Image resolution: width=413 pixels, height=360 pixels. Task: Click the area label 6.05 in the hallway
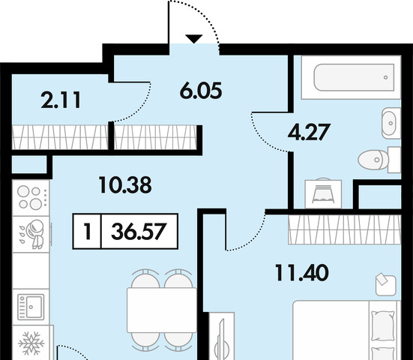tap(201, 91)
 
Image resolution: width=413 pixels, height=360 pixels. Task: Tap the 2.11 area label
tap(61, 100)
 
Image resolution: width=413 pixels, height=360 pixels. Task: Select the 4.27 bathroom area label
tap(309, 132)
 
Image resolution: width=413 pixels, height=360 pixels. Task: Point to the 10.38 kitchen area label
tap(125, 185)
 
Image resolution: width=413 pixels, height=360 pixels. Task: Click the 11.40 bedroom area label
tap(302, 273)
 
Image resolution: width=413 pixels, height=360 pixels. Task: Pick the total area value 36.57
tap(139, 232)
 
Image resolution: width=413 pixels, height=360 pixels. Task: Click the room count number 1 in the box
tap(88, 232)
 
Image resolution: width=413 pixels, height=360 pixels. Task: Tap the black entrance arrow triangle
tap(194, 39)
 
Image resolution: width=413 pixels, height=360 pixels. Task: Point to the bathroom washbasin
tap(391, 123)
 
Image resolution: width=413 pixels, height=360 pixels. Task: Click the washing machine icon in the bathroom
tap(323, 193)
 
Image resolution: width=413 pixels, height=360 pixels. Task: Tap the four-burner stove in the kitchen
tap(31, 197)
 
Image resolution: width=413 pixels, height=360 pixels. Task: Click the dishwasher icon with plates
tap(31, 234)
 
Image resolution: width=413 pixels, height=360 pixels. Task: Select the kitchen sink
tap(31, 307)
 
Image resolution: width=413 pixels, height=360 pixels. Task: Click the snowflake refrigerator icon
tap(31, 343)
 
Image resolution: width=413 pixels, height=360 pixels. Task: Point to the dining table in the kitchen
tap(162, 310)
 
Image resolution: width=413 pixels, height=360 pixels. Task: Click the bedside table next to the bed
tap(386, 286)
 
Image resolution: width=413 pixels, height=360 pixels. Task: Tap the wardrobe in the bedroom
tap(345, 229)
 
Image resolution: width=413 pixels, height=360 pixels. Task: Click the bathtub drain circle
tap(386, 77)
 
